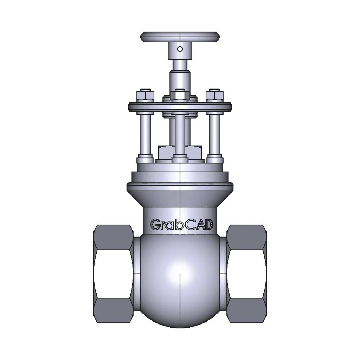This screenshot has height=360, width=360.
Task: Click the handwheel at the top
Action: (180, 37)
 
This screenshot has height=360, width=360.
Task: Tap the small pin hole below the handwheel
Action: (180, 49)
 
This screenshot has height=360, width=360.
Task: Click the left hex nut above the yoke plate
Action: (145, 96)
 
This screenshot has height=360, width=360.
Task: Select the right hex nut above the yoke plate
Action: (215, 96)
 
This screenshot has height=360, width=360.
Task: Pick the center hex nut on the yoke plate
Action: (180, 95)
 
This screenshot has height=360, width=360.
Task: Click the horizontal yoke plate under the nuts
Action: (180, 107)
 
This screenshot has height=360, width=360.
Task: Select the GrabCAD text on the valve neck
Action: (182, 225)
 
